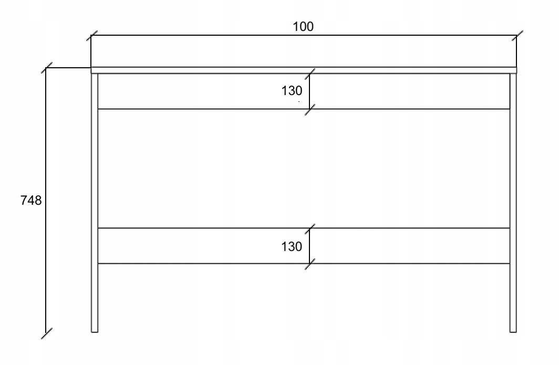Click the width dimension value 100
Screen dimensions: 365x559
pos(303,27)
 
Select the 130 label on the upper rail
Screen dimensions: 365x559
pos(292,90)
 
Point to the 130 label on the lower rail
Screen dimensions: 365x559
pos(292,246)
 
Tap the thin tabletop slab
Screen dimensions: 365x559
pos(304,70)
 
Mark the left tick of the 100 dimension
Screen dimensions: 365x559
pos(91,36)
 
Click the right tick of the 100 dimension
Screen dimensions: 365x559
pos(516,36)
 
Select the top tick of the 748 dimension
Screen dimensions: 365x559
pos(46,68)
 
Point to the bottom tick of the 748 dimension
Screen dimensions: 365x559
pos(46,332)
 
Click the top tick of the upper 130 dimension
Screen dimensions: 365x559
pos(310,74)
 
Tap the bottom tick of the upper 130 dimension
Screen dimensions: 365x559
pos(310,109)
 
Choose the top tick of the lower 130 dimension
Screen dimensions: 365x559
pos(310,228)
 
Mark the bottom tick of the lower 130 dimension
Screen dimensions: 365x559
pos(310,263)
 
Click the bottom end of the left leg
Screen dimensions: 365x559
pos(95,331)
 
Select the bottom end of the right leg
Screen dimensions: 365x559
pos(513,331)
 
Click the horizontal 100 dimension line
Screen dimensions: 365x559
pos(210,36)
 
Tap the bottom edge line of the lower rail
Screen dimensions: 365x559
pos(210,263)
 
